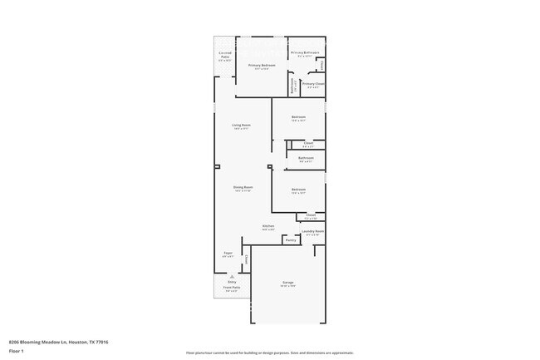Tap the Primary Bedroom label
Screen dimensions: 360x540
click(262, 66)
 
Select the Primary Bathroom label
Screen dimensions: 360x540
click(305, 53)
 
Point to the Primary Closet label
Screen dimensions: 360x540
click(313, 84)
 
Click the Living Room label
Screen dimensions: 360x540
click(241, 126)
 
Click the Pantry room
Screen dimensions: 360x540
click(290, 241)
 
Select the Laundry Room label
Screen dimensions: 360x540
click(312, 232)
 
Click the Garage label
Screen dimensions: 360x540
click(287, 284)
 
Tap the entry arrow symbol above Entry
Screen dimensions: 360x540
click(232, 277)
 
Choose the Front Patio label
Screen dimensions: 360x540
click(232, 288)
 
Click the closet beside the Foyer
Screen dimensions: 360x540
click(246, 259)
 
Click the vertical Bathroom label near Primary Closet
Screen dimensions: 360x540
click(292, 84)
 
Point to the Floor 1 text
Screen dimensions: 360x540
click(16, 351)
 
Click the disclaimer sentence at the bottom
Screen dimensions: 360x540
click(270, 353)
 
